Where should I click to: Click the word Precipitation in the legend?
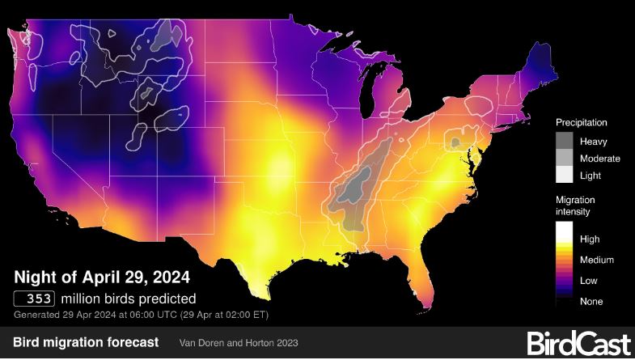click(581, 122)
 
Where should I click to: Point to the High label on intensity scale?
click(591, 239)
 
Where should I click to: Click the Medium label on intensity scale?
click(597, 260)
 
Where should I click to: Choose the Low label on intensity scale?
click(590, 281)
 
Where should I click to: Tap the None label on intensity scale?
click(591, 301)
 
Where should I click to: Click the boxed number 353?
click(34, 298)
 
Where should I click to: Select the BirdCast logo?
click(578, 343)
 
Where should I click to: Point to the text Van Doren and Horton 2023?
click(239, 343)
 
